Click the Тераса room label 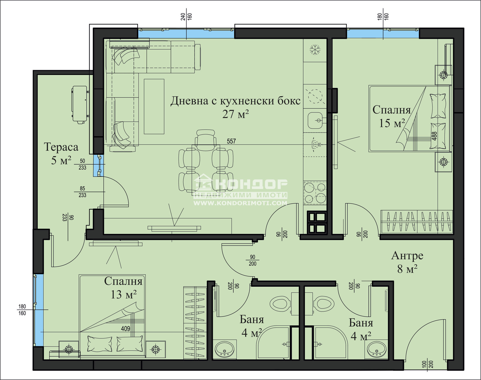coord(61,147)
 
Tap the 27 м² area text coord(235,114)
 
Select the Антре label coord(407,256)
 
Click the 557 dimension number coord(231,141)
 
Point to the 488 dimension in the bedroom coord(434,136)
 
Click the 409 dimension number coord(125,329)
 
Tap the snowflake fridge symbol coord(315,50)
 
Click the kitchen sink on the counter coord(315,120)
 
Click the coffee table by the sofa coord(154,107)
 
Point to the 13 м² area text coord(124,294)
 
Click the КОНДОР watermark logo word coord(252,185)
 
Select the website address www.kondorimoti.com coord(240,203)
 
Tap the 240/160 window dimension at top coord(186,17)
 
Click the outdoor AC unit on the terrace coord(80,105)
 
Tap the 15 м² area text coord(392,123)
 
